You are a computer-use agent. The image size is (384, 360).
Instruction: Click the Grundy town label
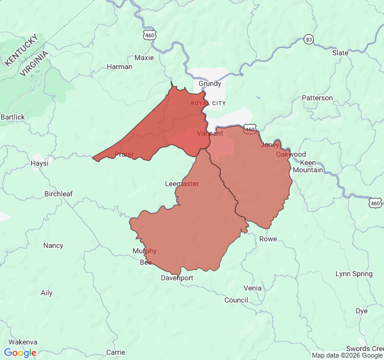point(210,84)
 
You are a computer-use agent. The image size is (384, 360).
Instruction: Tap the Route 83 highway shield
point(308,39)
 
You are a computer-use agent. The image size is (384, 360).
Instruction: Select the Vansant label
point(210,133)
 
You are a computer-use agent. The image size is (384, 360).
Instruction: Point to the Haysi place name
point(39,163)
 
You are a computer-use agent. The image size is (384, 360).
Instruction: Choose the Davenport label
point(177,278)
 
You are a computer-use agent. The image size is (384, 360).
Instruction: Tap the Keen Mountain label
point(308,166)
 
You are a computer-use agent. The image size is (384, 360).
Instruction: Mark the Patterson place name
point(317,98)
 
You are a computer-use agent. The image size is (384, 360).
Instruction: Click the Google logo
point(20,353)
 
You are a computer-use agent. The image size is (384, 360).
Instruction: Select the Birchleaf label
point(58,194)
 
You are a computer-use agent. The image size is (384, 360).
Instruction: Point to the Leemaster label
point(182,184)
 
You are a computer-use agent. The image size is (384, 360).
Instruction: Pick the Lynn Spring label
point(354,274)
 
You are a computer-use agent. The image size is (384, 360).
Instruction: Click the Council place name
point(236,300)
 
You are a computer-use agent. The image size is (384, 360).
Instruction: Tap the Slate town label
point(340,53)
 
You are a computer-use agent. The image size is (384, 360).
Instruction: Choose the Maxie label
point(144,58)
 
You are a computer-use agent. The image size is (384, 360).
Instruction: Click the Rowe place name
point(268,239)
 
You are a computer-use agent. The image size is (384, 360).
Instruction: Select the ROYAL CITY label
point(208,103)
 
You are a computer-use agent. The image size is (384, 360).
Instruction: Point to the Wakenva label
point(23,342)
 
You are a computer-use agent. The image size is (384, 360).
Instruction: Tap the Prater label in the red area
point(124,154)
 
